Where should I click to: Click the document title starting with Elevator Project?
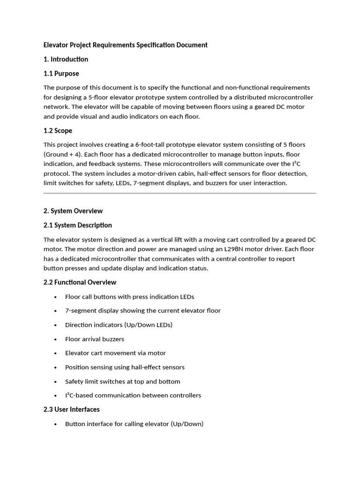point(125,45)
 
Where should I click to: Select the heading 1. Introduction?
point(66,59)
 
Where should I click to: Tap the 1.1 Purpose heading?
point(61,74)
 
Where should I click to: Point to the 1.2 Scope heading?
point(58,130)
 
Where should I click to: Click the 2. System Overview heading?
point(73,211)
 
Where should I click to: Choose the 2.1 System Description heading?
point(77,225)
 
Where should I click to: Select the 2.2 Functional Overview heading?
point(80,282)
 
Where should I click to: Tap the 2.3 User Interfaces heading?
point(71,409)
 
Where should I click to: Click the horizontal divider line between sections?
point(180,193)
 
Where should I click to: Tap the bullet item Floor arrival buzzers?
point(95,339)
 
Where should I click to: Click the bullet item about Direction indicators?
point(119,325)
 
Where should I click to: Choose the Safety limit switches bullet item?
point(122,382)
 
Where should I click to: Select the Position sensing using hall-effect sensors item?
point(125,367)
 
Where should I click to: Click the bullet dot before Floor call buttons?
point(56,297)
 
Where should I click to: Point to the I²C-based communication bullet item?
point(133,395)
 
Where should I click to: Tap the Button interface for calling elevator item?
point(134,424)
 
